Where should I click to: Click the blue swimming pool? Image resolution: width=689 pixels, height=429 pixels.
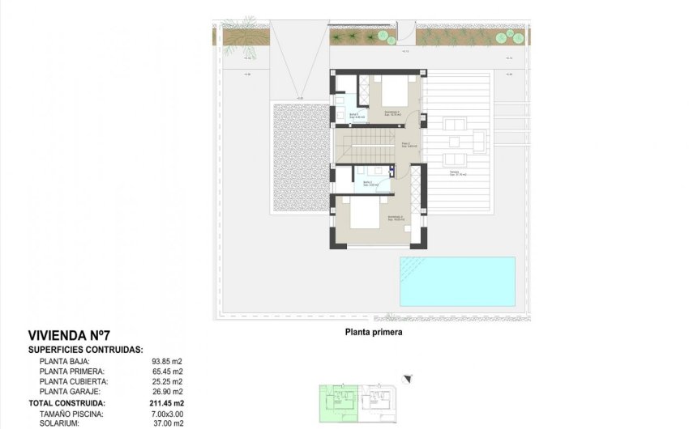[x=457, y=281]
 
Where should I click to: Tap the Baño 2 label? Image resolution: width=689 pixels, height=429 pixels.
[x=369, y=183]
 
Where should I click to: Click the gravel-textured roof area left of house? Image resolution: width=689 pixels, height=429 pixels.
[x=300, y=158]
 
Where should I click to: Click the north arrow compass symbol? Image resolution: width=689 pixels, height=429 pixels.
[x=409, y=376]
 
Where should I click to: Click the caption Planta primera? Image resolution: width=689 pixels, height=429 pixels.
[x=373, y=331]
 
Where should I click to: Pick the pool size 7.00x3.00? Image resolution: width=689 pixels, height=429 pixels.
[x=166, y=413]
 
